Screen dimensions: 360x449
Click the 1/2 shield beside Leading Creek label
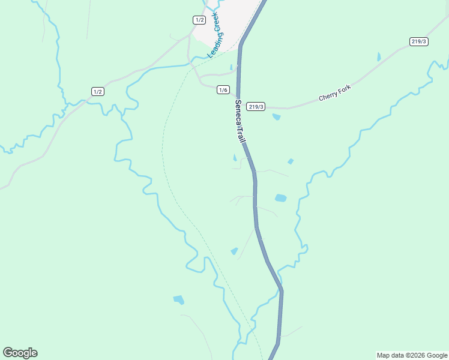(x=199, y=20)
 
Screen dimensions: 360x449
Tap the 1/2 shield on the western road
(x=97, y=91)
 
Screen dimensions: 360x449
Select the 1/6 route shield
(x=223, y=90)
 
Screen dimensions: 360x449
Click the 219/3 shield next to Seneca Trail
(x=256, y=106)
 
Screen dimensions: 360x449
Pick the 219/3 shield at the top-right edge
(x=419, y=41)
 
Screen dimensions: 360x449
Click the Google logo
(x=20, y=353)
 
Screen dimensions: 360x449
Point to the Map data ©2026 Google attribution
(x=411, y=355)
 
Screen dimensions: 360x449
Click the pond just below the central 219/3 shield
(x=276, y=117)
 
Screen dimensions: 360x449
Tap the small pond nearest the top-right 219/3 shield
(x=379, y=57)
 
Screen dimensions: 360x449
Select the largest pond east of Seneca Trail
(x=280, y=197)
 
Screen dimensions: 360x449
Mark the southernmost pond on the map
(x=178, y=299)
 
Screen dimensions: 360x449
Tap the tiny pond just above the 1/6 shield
(x=231, y=67)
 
